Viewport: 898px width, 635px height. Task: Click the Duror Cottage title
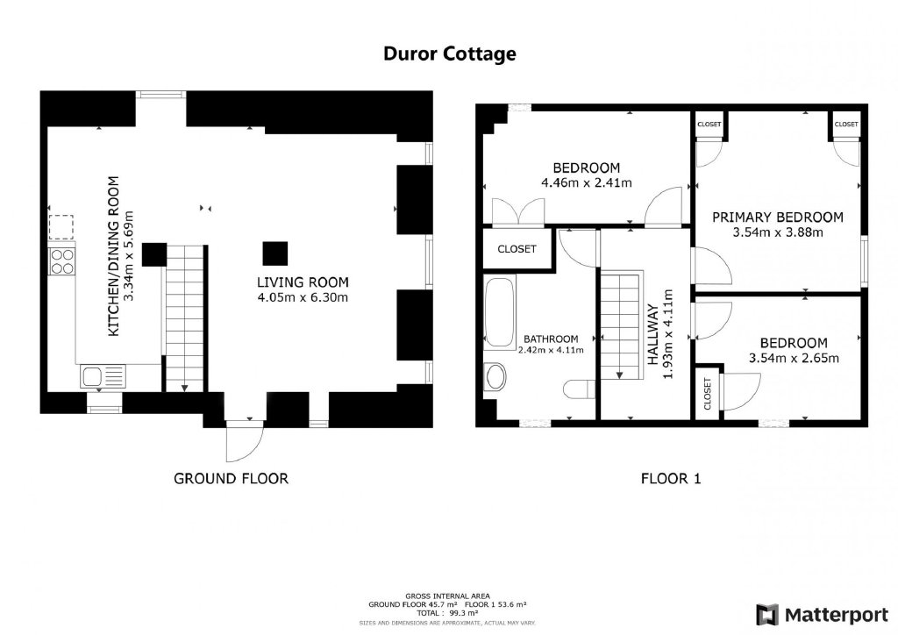450,54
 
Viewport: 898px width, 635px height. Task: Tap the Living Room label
303,282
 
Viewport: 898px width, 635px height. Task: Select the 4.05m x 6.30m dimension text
303,297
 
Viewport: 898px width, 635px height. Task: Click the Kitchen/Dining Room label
114,256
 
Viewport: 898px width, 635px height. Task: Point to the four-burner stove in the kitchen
62,260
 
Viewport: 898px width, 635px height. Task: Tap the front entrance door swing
245,441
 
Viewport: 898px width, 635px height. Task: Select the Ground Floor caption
231,479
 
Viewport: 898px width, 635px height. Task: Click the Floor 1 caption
671,479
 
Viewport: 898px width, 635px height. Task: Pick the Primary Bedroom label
778,218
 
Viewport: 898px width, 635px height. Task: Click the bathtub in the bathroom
500,312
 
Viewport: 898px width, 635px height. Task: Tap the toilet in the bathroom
580,390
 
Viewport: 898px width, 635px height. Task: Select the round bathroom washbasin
495,377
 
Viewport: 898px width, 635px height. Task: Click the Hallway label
652,335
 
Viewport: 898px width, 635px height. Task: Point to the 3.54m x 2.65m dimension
794,359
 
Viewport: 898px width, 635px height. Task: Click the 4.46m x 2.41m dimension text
587,183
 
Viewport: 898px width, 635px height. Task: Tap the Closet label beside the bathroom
517,249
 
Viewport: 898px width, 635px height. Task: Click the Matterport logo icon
767,614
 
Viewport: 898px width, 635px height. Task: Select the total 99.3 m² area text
447,613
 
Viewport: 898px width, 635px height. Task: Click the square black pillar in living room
274,253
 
